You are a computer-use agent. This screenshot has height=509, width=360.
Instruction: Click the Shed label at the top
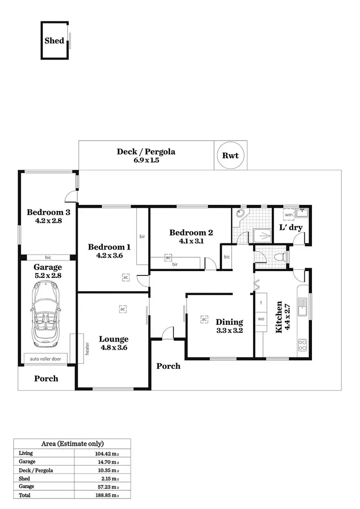pyautogui.click(x=54, y=41)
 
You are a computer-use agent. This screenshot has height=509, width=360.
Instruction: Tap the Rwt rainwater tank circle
pyautogui.click(x=230, y=155)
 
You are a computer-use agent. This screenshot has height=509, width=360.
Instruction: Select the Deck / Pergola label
pyautogui.click(x=146, y=152)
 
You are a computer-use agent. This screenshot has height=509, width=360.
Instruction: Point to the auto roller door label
pyautogui.click(x=46, y=358)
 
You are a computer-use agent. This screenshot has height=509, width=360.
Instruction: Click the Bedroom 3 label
pyautogui.click(x=48, y=212)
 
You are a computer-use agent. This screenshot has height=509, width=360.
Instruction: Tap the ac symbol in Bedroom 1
pyautogui.click(x=125, y=277)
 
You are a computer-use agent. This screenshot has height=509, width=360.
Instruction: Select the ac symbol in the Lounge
pyautogui.click(x=123, y=309)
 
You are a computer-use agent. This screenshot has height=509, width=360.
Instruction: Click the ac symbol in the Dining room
pyautogui.click(x=204, y=319)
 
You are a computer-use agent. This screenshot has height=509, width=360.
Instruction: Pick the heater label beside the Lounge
pyautogui.click(x=87, y=348)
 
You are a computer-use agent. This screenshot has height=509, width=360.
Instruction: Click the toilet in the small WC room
pyautogui.click(x=278, y=258)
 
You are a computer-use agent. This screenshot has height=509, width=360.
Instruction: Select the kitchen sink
pyautogui.click(x=302, y=306)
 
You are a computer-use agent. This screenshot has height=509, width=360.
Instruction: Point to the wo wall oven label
pyautogui.click(x=261, y=319)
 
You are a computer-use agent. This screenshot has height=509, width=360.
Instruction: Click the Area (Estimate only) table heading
pyautogui.click(x=72, y=444)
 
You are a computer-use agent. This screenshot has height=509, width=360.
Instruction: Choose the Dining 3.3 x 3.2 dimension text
pyautogui.click(x=229, y=331)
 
